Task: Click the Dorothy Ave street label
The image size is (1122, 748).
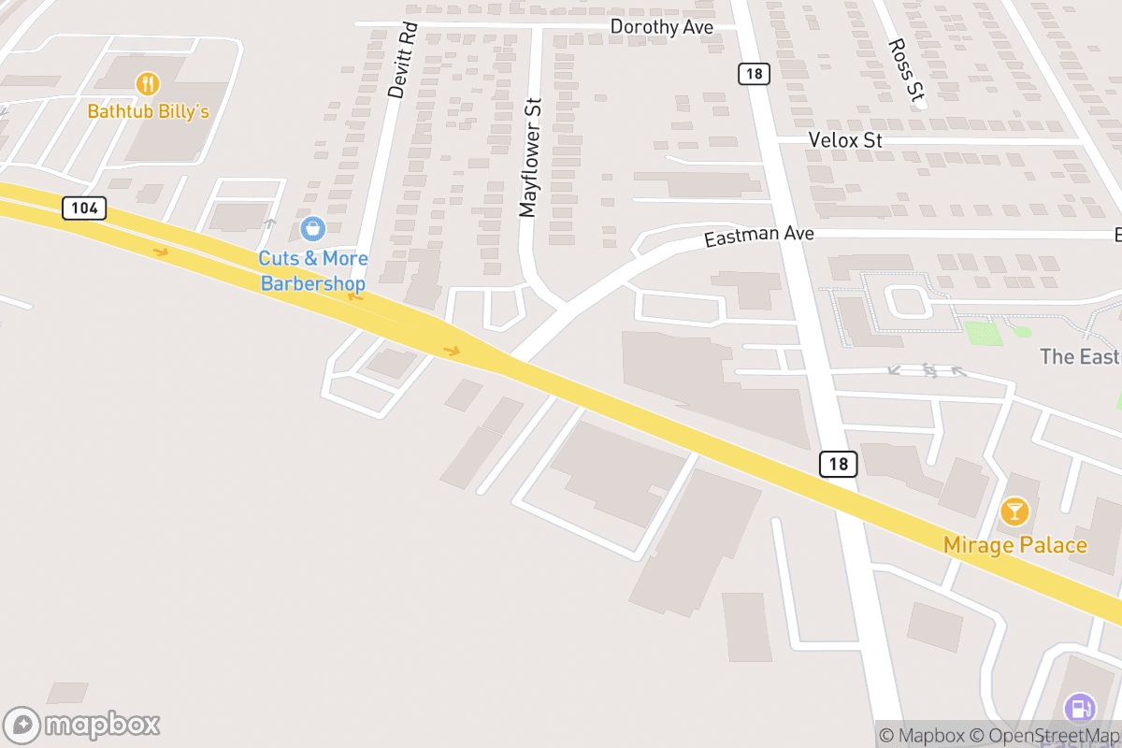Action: point(661,27)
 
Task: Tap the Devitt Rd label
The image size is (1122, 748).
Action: point(399,61)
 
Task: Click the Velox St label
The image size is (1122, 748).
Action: point(845,140)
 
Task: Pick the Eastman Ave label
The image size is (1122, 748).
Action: point(759,235)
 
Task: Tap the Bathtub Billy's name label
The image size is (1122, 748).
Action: point(148,111)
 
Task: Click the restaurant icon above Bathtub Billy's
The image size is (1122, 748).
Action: point(148,84)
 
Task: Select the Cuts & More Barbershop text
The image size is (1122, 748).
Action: point(313,270)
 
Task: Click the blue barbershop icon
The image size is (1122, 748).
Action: point(312,227)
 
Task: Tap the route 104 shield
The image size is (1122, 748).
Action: point(84,208)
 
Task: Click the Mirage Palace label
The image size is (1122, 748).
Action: point(1014,545)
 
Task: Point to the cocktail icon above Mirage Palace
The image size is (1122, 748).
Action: point(1014,511)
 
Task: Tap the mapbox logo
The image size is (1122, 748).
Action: point(82,725)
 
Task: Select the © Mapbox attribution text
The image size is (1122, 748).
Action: point(922,735)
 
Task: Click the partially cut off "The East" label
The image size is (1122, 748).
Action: point(1080,356)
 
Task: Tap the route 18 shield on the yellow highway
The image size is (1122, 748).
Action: point(839,464)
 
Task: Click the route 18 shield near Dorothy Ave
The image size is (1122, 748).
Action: point(754,74)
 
